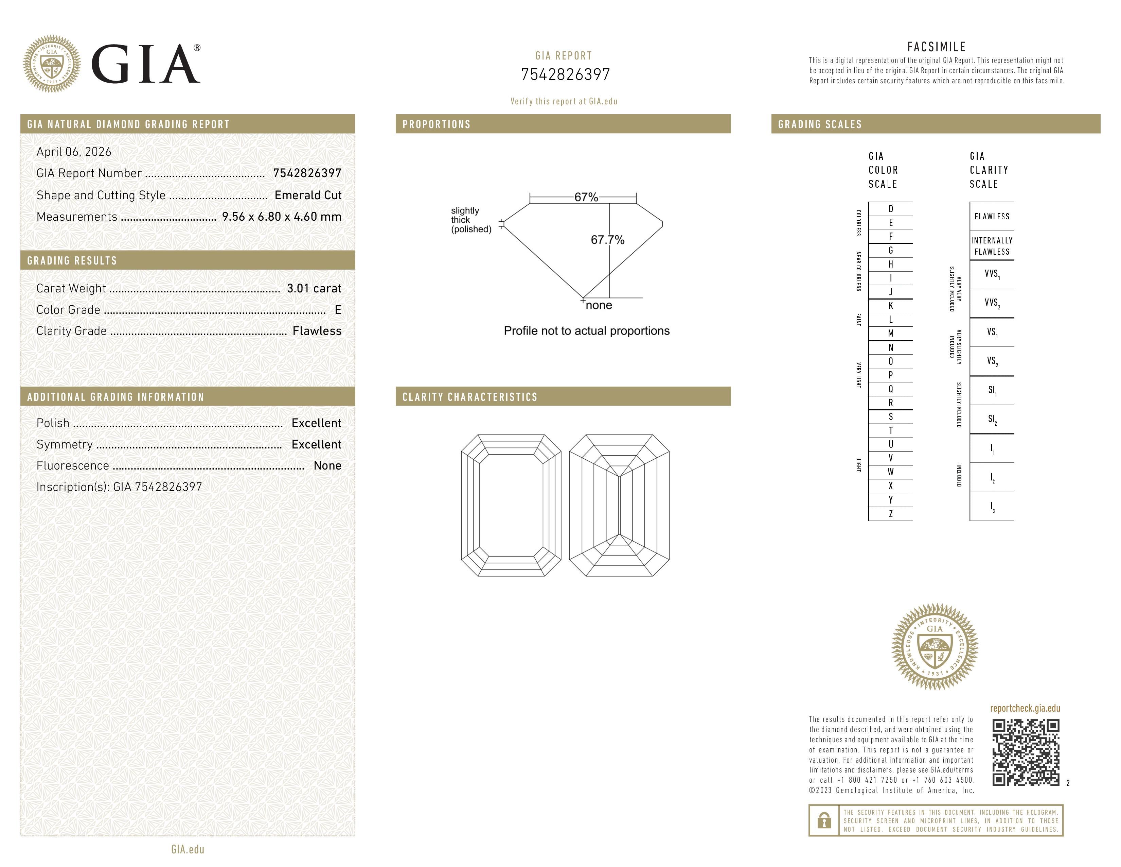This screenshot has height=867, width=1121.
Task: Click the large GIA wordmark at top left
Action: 145,64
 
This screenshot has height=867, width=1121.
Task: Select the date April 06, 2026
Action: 74,152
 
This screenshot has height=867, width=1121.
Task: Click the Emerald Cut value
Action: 308,195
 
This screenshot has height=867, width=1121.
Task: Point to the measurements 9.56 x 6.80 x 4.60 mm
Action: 281,217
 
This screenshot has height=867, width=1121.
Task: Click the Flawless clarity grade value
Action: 317,331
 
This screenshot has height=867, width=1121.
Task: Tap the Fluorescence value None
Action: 327,466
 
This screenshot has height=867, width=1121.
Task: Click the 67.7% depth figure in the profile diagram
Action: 607,240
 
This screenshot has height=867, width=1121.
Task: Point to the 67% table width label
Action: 586,197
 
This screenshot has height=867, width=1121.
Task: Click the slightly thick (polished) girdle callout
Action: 471,220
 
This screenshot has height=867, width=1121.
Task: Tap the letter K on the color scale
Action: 891,306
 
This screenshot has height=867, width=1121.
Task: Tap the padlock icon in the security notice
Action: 824,820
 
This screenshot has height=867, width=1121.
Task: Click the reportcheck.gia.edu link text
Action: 1025,708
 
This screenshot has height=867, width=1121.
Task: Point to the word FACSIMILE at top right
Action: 936,47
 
